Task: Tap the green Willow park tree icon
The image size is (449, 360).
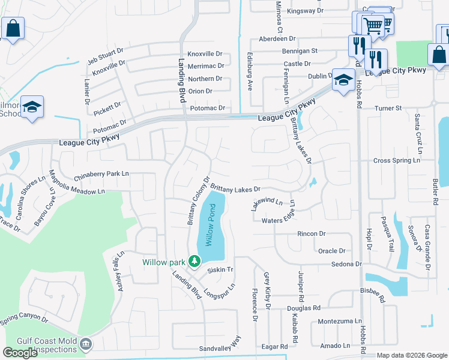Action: coord(194,261)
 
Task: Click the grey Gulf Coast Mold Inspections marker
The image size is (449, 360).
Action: coord(86,344)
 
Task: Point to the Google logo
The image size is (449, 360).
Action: coord(20,353)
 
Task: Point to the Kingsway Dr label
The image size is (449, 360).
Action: coord(305,11)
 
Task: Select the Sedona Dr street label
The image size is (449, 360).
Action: coord(346,264)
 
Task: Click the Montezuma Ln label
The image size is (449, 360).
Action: coord(340,322)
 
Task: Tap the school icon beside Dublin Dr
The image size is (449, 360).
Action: coord(343,80)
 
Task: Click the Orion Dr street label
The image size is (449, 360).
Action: coord(200,91)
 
